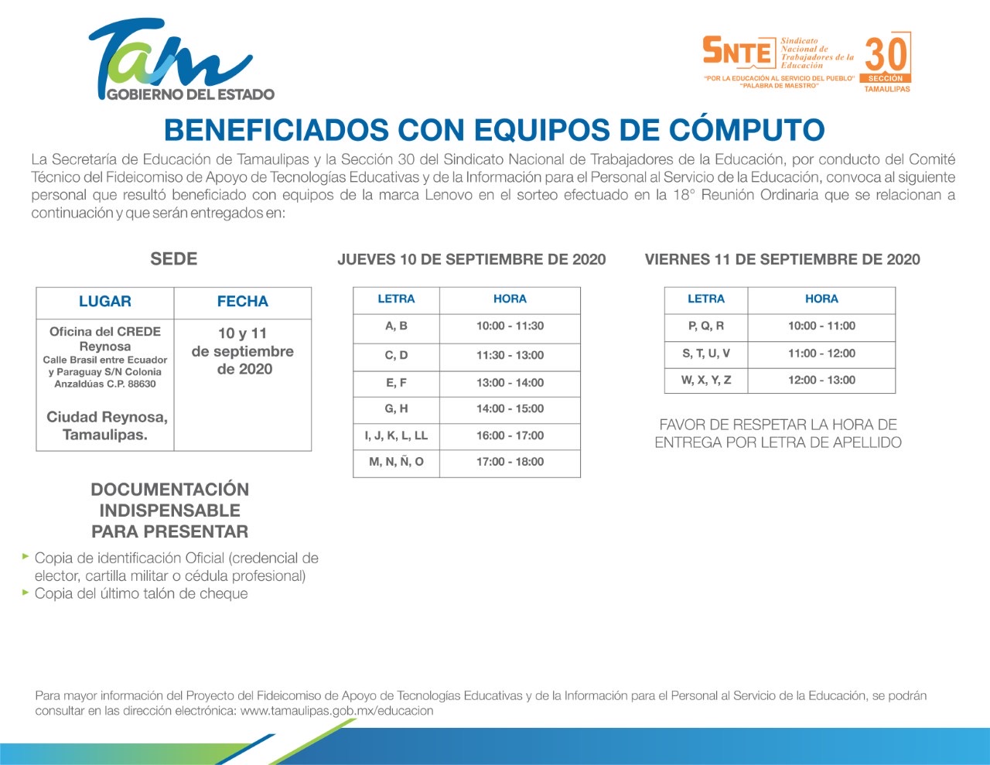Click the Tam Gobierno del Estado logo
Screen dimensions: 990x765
181,60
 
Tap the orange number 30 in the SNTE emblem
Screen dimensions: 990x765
886,55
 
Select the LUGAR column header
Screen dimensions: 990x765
104,301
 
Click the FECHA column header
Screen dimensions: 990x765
242,301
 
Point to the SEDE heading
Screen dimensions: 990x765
173,259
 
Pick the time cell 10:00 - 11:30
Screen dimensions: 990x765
510,326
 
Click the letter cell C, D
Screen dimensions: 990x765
396,355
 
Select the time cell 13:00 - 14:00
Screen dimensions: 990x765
510,383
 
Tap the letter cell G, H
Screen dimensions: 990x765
396,408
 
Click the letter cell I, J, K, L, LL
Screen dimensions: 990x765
396,435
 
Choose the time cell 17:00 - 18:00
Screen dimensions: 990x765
510,462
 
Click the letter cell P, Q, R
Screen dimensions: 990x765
705,326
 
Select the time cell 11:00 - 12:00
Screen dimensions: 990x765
821,353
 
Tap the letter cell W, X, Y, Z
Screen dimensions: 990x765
705,380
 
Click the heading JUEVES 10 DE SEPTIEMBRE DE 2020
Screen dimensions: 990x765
472,259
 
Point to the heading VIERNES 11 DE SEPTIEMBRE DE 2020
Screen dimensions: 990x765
782,259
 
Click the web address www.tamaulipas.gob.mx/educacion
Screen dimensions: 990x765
336,711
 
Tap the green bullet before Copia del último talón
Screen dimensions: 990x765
26,593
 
